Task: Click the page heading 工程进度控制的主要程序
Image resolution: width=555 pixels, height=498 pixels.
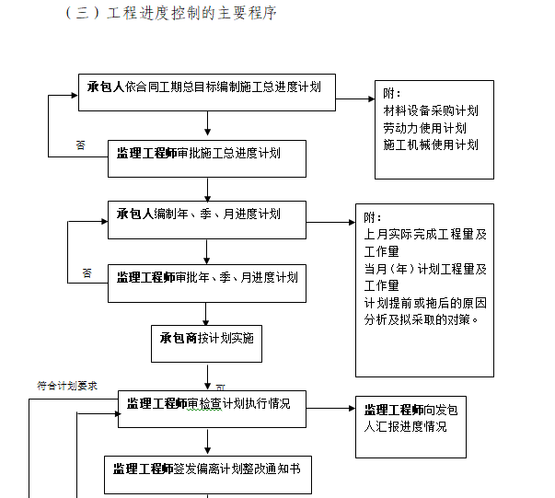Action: click(x=191, y=14)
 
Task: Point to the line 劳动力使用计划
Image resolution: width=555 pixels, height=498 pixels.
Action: click(x=424, y=128)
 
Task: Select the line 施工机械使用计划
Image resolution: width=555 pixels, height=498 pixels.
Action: click(x=431, y=145)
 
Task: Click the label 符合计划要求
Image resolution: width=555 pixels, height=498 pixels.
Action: click(x=67, y=386)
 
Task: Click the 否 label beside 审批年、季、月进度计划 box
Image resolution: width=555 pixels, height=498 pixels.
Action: click(x=87, y=272)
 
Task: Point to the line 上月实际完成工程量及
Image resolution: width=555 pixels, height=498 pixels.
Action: click(x=424, y=235)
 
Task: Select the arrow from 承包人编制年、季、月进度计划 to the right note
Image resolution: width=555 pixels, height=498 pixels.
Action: click(x=331, y=222)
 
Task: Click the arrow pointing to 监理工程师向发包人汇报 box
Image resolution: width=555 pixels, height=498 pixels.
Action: click(x=330, y=408)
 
